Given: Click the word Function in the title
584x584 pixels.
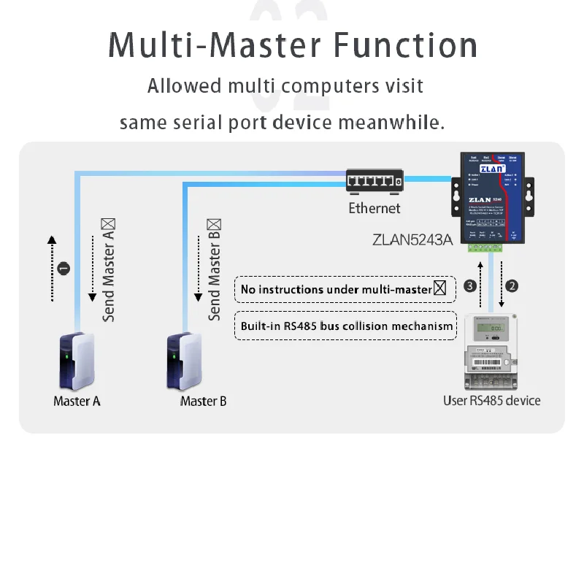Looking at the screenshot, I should [x=406, y=45].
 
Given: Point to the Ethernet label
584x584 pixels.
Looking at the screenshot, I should [x=374, y=209].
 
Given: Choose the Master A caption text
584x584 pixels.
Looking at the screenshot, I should [x=77, y=401].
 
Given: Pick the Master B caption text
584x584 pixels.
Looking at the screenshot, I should [x=203, y=401].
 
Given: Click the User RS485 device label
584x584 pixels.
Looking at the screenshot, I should [x=492, y=400].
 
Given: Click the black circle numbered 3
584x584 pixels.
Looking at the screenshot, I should [x=470, y=285].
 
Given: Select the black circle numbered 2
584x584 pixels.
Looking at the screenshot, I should [x=512, y=285].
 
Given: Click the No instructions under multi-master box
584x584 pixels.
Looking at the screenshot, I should [x=344, y=289].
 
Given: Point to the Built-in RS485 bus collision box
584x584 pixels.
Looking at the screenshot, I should [x=347, y=326].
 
